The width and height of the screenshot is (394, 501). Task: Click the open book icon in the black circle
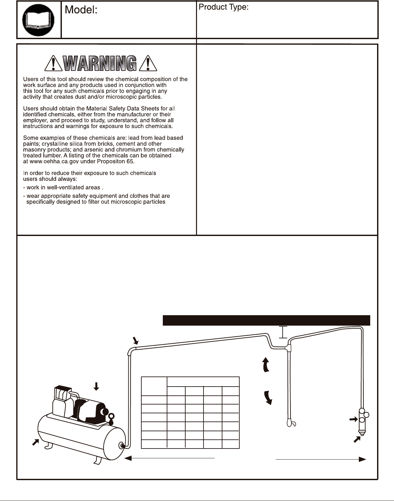coord(38,20)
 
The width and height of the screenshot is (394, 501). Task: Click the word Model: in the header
coord(81,10)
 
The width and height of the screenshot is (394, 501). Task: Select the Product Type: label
coord(223,7)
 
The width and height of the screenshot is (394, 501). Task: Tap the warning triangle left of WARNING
coord(53,63)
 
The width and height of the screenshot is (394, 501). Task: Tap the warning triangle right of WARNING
coord(148,63)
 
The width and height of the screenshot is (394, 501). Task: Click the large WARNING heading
coord(100,63)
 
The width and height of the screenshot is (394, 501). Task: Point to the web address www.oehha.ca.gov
coord(53,161)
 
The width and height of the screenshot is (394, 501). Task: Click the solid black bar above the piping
coord(266,320)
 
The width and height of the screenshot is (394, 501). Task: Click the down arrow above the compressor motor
coord(96,386)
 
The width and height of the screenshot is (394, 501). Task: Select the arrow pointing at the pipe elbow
coord(136,341)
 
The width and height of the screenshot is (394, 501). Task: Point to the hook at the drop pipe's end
coord(291,423)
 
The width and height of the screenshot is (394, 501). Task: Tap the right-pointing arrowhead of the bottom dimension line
coord(362,459)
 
